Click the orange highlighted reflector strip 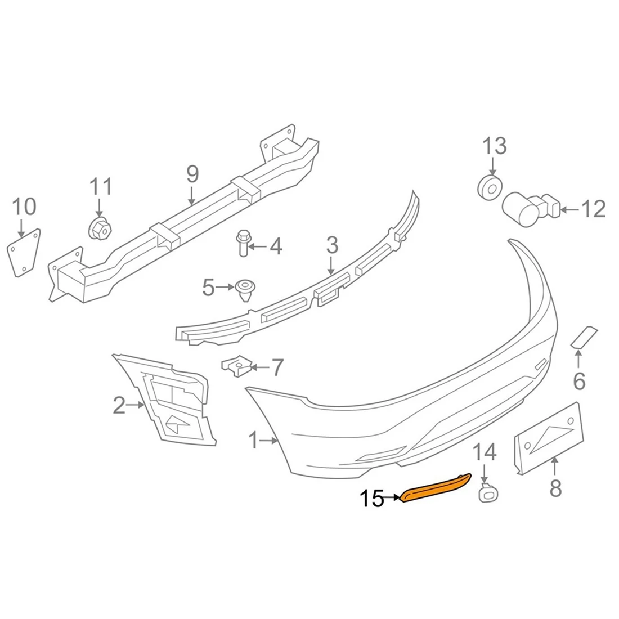[x=436, y=487]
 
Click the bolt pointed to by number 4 [x=243, y=243]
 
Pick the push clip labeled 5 [x=244, y=289]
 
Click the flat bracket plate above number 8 [x=549, y=436]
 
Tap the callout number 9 [x=192, y=175]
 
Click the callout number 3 [x=332, y=245]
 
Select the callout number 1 [x=254, y=441]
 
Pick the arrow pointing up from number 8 [x=555, y=465]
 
